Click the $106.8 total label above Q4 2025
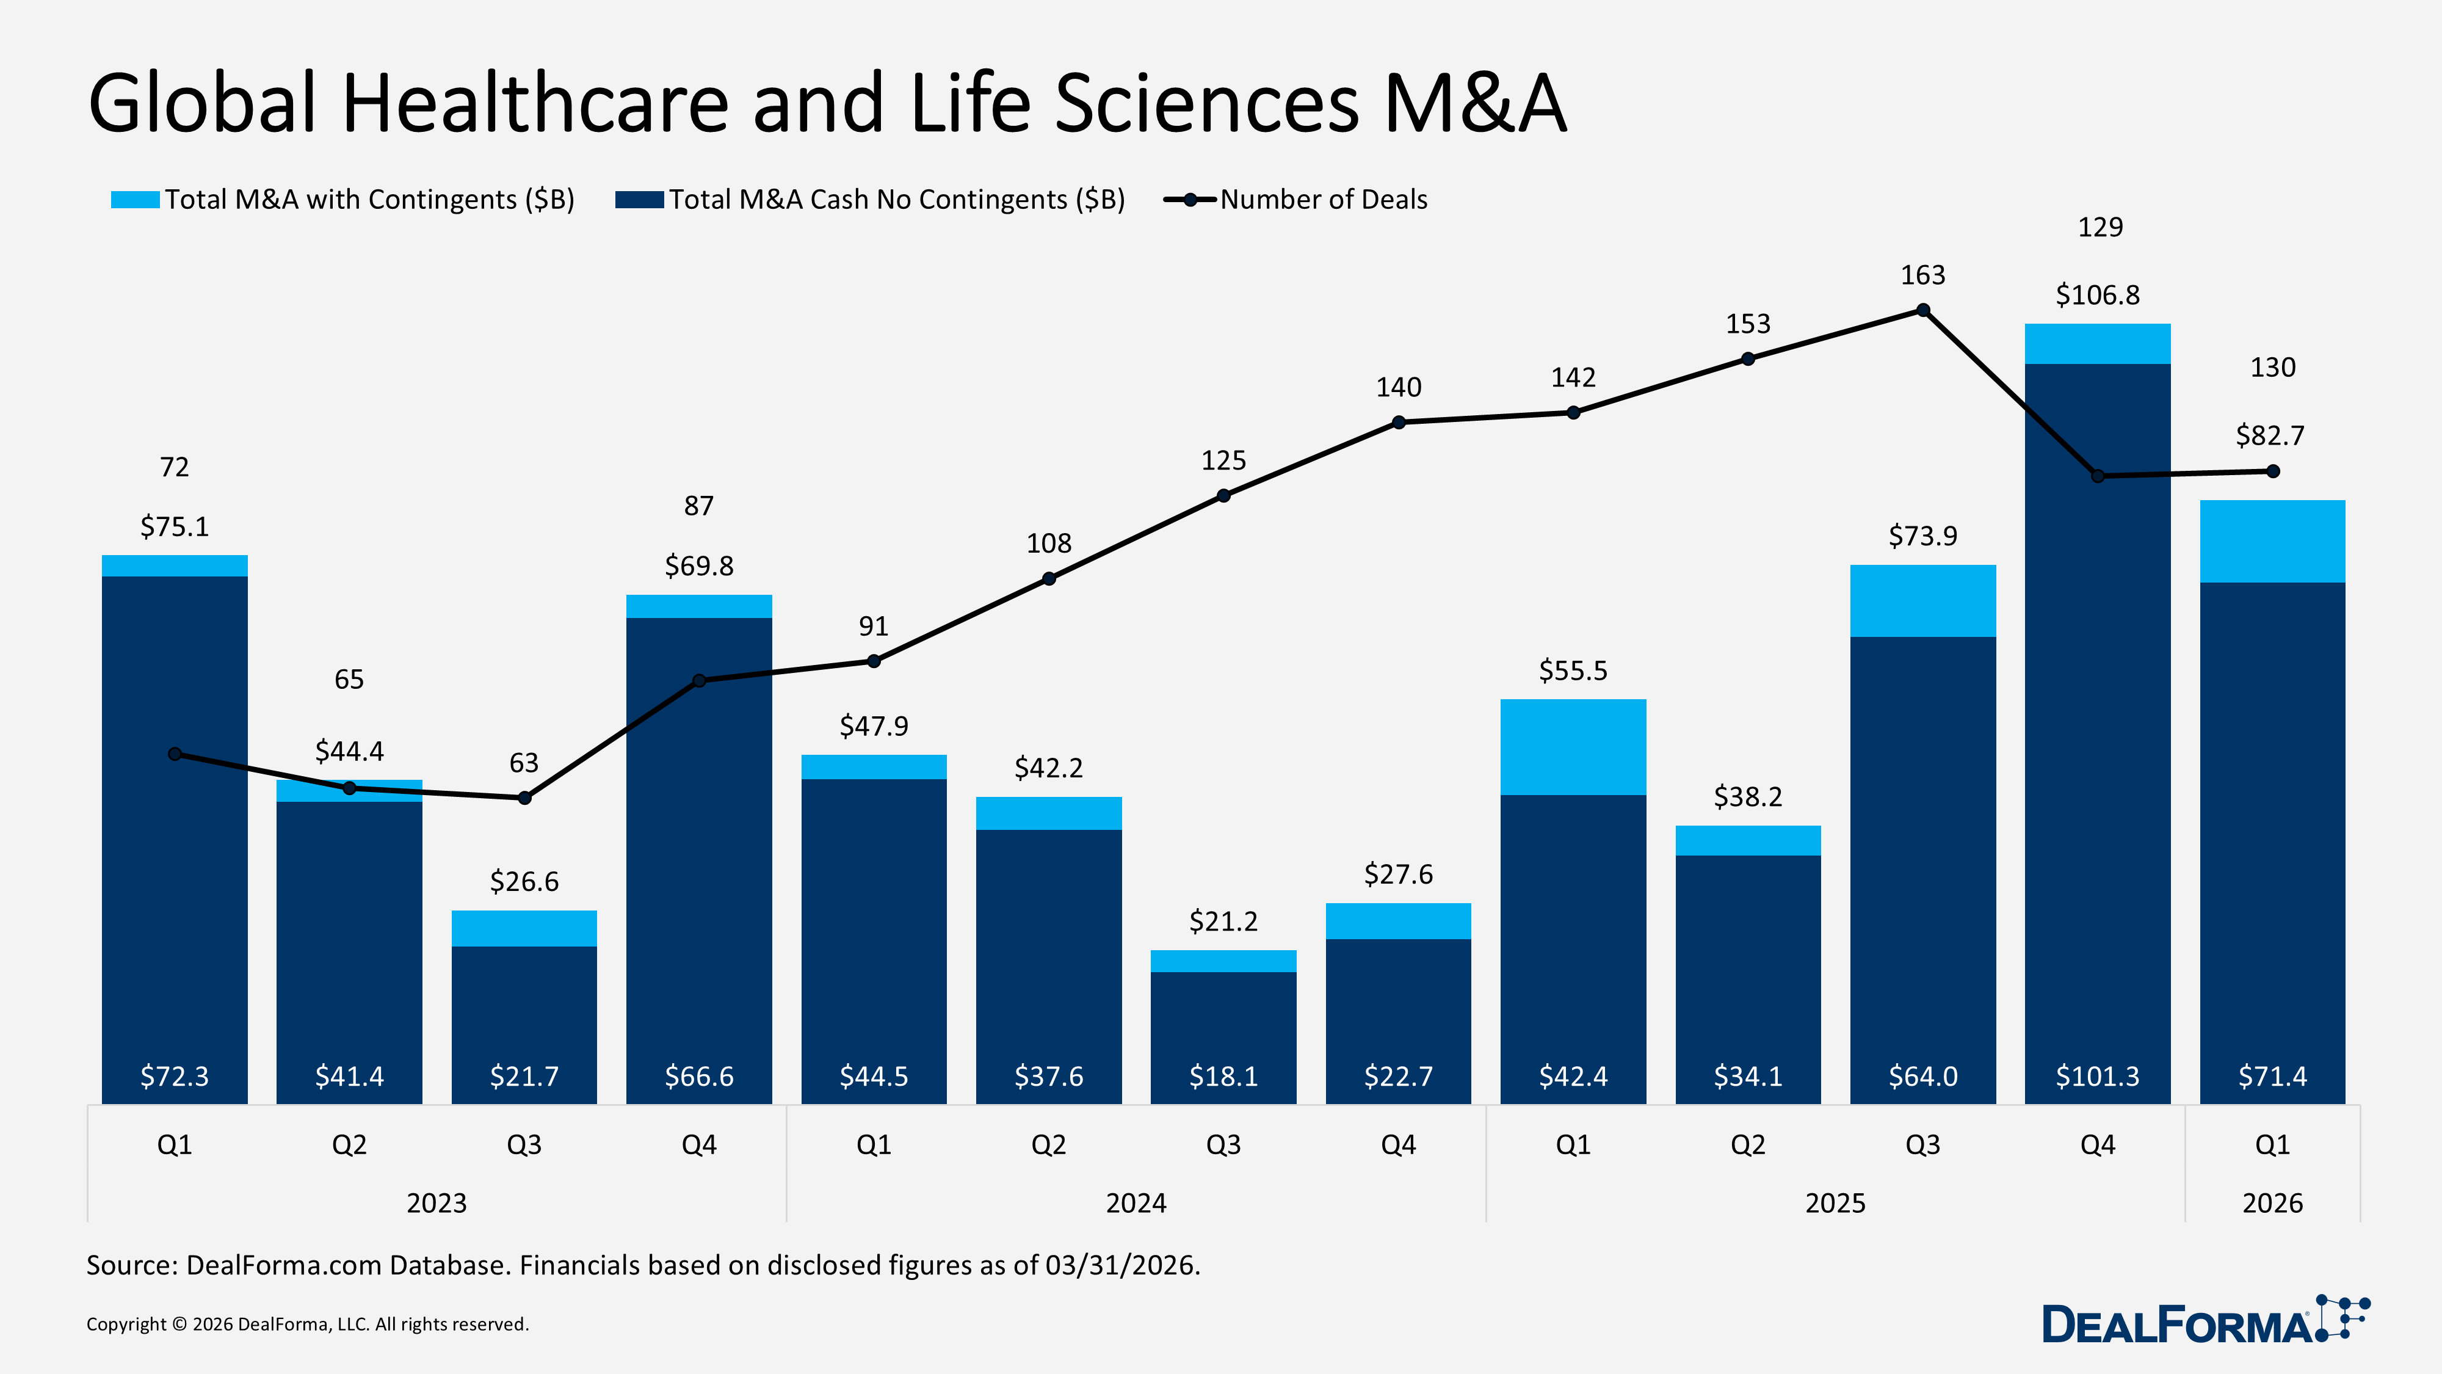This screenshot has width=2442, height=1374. [2097, 296]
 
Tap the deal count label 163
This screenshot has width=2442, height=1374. [1922, 275]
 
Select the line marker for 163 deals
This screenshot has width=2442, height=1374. [1922, 310]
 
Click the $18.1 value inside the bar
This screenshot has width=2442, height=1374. [1223, 1076]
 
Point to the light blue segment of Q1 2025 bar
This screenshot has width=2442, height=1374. [1573, 746]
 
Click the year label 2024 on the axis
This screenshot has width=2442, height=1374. [1136, 1203]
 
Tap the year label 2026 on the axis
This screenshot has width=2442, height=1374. [2271, 1203]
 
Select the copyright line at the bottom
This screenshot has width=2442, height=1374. [307, 1325]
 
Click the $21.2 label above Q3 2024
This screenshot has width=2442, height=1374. [1223, 921]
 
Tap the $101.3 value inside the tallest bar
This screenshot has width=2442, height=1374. [2097, 1076]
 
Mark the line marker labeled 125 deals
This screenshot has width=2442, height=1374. [1223, 496]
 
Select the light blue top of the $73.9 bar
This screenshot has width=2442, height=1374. [1922, 600]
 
